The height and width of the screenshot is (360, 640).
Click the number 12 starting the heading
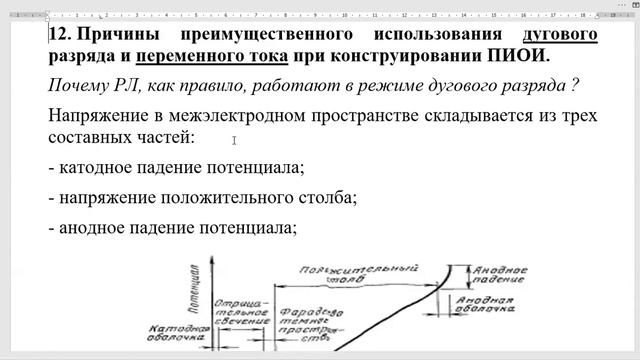[x=58, y=35]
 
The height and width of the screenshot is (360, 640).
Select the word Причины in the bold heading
[x=113, y=35]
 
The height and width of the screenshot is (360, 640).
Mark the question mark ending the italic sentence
[x=576, y=86]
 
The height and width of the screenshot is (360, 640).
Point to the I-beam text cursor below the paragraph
[x=234, y=141]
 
